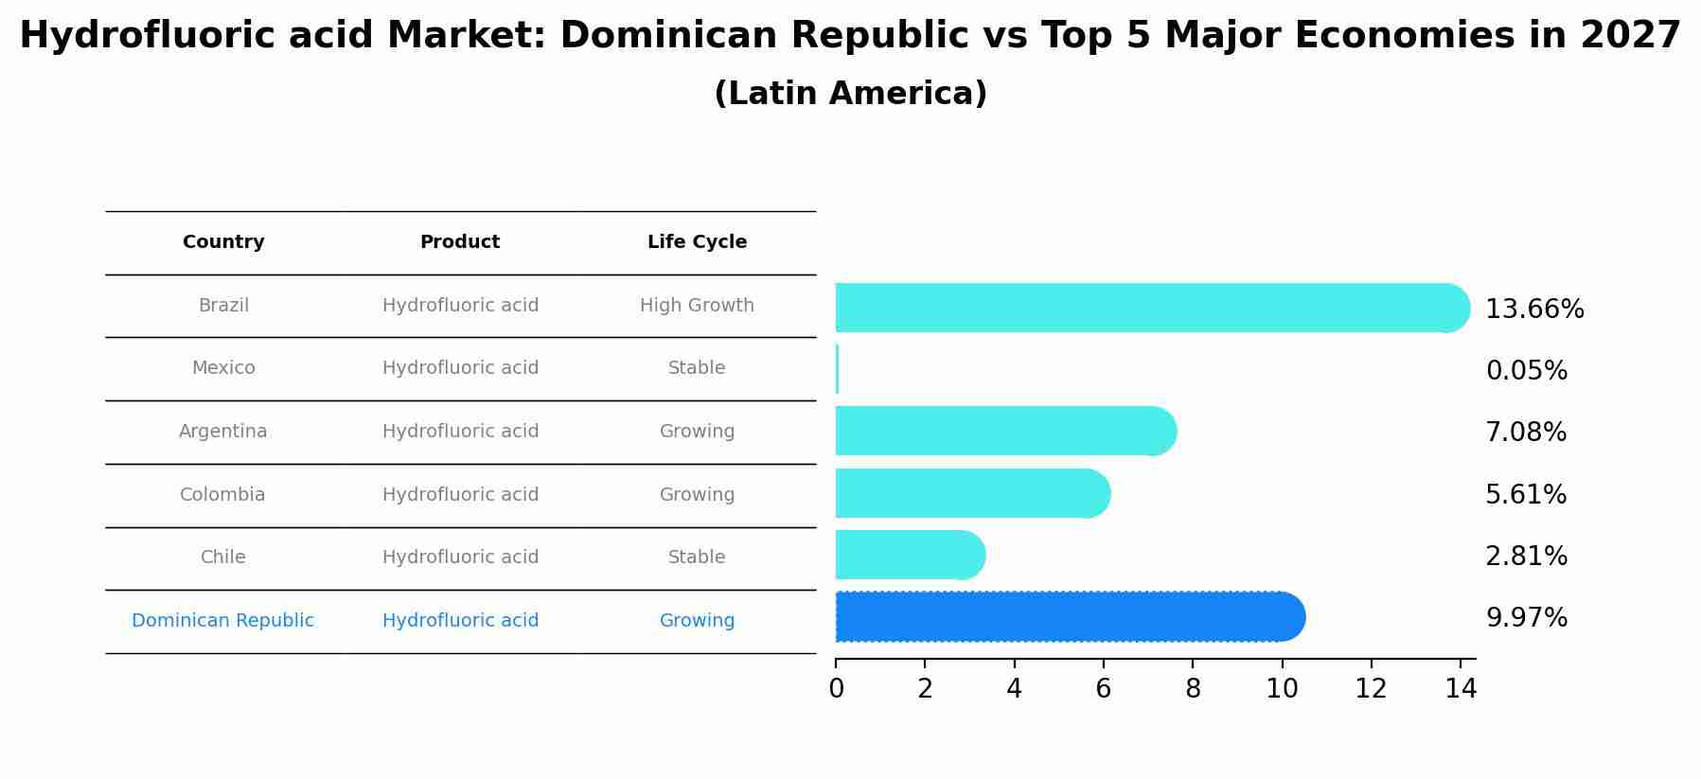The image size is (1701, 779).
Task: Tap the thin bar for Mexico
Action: [x=837, y=369]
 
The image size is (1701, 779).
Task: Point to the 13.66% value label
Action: [x=1533, y=310]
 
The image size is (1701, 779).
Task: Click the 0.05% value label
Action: [x=1526, y=371]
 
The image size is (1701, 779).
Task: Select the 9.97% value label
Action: [x=1526, y=618]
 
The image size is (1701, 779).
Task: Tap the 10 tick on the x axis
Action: [x=1282, y=689]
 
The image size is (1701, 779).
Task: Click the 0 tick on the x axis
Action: [x=836, y=689]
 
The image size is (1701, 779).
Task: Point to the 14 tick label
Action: [x=1461, y=689]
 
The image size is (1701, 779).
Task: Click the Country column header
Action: [x=223, y=242]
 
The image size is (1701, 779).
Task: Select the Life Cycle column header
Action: [x=697, y=242]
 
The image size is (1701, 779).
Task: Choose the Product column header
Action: [x=460, y=242]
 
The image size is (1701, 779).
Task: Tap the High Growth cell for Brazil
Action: [x=697, y=306]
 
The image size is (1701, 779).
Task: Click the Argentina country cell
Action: [x=223, y=432]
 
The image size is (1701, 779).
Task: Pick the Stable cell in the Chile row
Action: [x=697, y=558]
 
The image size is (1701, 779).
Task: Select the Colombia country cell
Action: [x=222, y=495]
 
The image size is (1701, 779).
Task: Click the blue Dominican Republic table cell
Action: [x=222, y=621]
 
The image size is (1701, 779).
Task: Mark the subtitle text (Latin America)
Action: [x=850, y=94]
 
